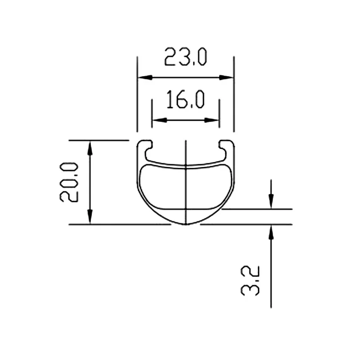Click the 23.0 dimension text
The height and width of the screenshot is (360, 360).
(185, 58)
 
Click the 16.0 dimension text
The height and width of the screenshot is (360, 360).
(185, 100)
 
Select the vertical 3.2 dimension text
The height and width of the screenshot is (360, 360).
(250, 280)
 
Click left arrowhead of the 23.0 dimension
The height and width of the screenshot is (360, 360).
(142, 77)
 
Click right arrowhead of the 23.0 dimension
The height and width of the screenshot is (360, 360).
(229, 77)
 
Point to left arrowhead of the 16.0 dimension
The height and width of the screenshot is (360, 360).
(157, 120)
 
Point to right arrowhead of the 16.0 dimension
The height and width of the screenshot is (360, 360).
(214, 120)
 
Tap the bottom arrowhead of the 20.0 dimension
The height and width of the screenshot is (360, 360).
(90, 219)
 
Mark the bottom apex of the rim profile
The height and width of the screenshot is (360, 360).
(185, 225)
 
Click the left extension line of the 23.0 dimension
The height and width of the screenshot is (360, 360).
(137, 94)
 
